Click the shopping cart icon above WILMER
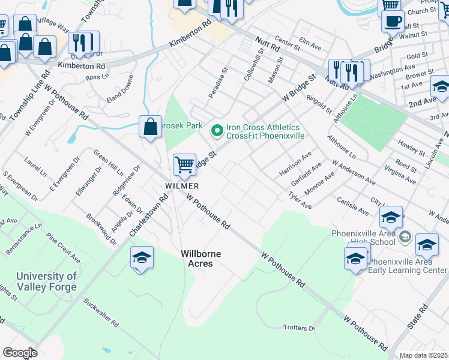185,164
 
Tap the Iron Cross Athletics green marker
216,129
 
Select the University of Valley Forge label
47,281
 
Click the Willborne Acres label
201,259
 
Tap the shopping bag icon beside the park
150,126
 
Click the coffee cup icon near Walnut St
393,21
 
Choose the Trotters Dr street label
299,328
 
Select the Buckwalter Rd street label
100,313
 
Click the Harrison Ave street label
296,164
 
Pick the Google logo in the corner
20,353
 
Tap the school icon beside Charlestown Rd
142,258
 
